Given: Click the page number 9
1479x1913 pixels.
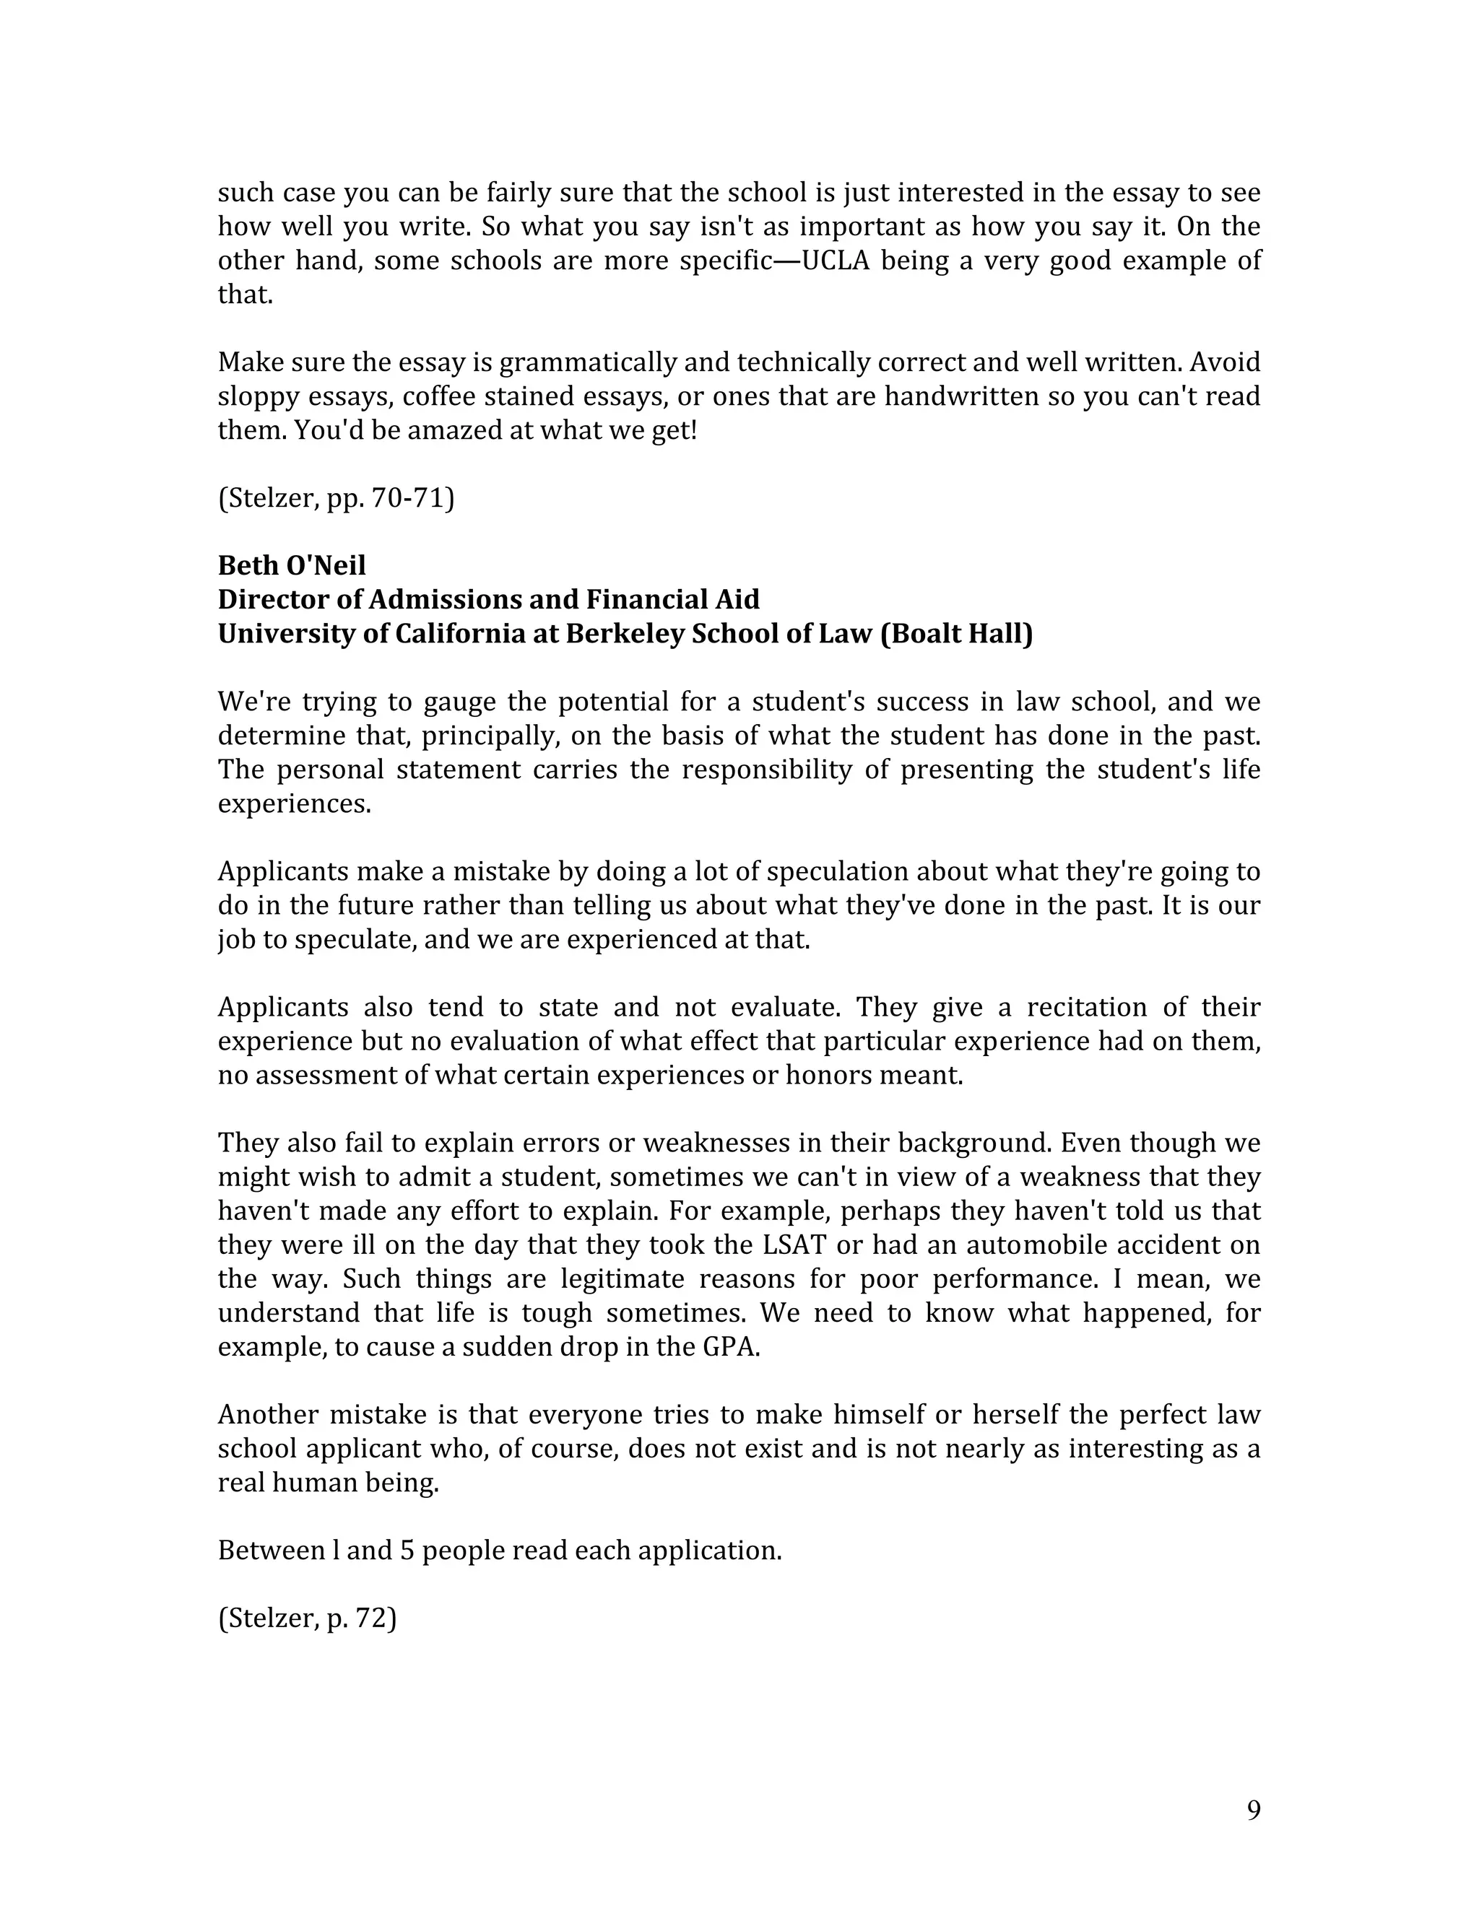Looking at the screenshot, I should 1253,1810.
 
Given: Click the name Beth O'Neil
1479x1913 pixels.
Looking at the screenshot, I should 292,565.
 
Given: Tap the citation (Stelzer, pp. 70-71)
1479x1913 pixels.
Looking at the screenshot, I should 336,497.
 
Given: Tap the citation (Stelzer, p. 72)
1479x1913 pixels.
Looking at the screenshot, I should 308,1618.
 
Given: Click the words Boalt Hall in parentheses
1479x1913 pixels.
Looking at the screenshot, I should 957,633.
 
